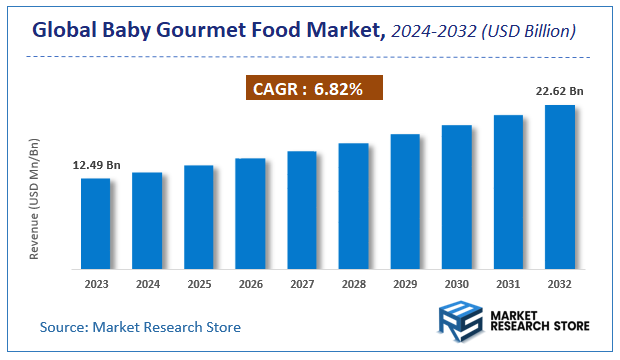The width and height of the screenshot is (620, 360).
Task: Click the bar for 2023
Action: point(95,224)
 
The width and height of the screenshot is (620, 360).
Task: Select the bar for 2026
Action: point(250,214)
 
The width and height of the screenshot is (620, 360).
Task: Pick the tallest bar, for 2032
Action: point(559,187)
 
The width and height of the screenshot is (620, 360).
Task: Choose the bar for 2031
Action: point(508,192)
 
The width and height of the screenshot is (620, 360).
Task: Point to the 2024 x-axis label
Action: point(147,284)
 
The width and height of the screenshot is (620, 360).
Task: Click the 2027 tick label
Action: point(302,284)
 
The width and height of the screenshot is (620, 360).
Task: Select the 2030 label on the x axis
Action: point(456,284)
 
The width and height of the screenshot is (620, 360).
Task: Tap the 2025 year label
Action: point(199,284)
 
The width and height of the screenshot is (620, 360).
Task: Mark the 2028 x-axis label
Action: point(353,284)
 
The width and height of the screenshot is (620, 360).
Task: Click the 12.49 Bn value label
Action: point(96,165)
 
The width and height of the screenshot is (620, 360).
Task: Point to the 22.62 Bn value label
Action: point(559,91)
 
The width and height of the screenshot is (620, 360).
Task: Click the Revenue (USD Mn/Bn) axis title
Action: point(34,200)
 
